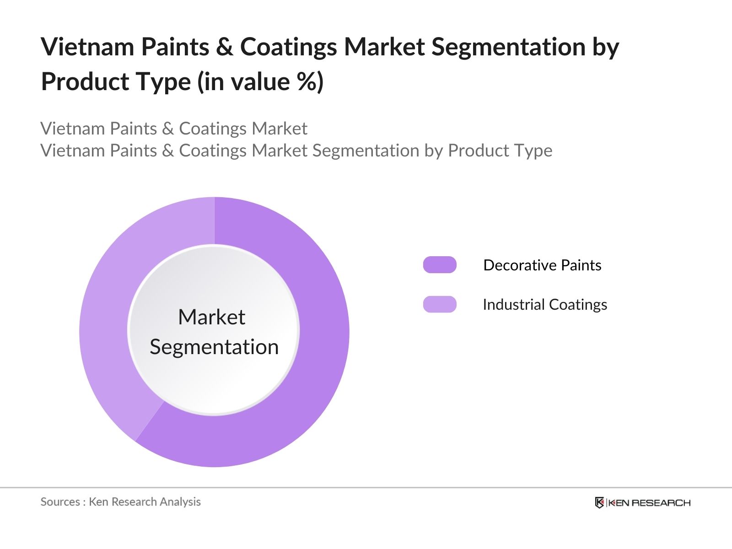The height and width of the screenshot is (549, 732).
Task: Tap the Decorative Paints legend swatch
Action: click(440, 265)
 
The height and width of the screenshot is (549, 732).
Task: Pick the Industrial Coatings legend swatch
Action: click(440, 304)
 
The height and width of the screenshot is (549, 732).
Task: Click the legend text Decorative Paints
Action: click(542, 265)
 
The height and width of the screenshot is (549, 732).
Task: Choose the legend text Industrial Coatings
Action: click(545, 305)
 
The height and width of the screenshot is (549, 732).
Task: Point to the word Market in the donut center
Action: click(211, 317)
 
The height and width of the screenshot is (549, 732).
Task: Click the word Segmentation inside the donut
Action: click(214, 347)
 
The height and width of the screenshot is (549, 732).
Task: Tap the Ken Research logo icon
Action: click(599, 503)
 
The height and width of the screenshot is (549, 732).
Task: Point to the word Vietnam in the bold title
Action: click(87, 47)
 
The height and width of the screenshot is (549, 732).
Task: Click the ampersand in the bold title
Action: click(224, 47)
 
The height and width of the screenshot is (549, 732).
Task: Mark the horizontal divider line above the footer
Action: click(366, 488)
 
